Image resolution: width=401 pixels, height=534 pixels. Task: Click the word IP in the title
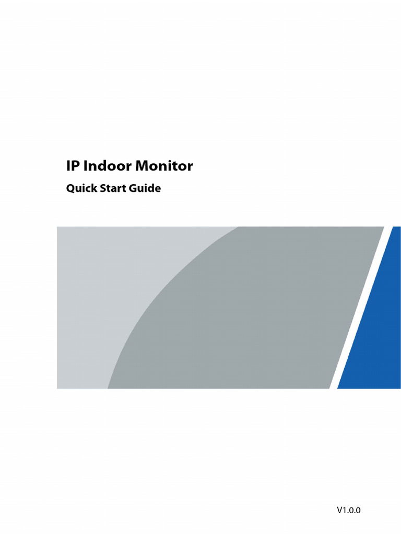[72, 166]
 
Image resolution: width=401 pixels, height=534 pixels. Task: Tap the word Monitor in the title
[164, 166]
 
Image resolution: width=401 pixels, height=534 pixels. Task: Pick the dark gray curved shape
[251, 323]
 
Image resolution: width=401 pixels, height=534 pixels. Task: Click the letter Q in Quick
[69, 189]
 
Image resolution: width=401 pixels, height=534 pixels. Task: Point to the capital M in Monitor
[143, 166]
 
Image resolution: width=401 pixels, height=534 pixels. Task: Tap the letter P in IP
[75, 166]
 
